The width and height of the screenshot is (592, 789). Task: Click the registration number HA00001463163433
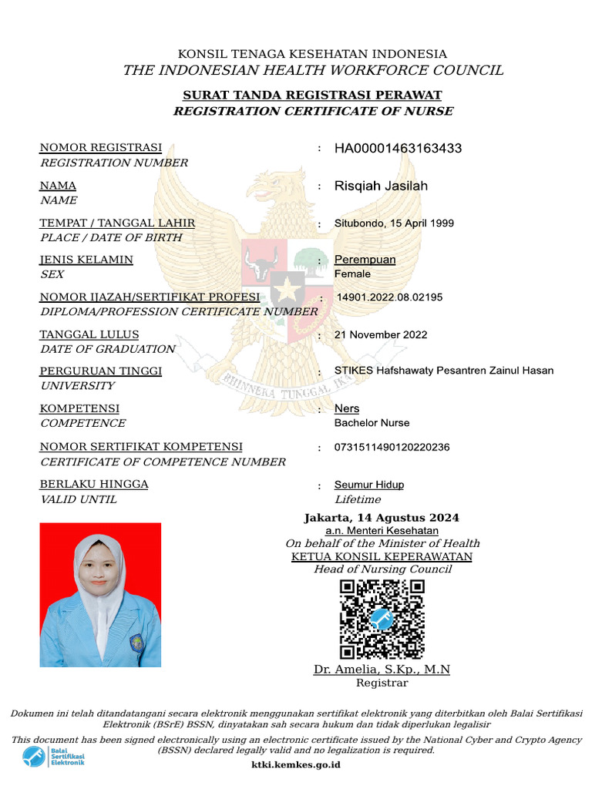pos(398,148)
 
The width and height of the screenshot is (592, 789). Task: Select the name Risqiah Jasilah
pos(381,186)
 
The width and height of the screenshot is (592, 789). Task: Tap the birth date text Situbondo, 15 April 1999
pos(394,223)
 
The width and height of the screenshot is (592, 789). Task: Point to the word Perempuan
pos(365,260)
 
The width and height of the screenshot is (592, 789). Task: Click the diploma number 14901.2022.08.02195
pos(389,297)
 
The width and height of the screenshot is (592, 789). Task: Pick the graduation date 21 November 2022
pos(381,334)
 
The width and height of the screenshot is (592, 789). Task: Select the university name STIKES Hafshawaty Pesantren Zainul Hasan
pos(443,371)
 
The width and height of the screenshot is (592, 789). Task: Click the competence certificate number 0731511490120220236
pos(392,447)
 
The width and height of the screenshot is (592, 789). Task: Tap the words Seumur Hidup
pos(368,485)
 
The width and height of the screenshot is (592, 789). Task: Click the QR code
pos(382,619)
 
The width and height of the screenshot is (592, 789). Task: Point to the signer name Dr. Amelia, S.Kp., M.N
pos(382,670)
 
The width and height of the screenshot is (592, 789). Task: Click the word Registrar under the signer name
pos(382,683)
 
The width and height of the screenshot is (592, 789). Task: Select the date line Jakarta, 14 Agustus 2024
pos(382,518)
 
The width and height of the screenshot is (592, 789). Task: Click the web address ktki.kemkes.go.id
pos(296,765)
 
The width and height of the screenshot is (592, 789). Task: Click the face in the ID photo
pos(98,574)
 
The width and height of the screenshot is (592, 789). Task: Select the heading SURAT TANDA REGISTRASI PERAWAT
pos(311,96)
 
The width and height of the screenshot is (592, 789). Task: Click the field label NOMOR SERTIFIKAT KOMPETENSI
pos(141,447)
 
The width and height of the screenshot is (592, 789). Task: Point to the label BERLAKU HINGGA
pos(94,485)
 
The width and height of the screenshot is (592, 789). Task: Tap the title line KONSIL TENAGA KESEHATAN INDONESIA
pos(312,54)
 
